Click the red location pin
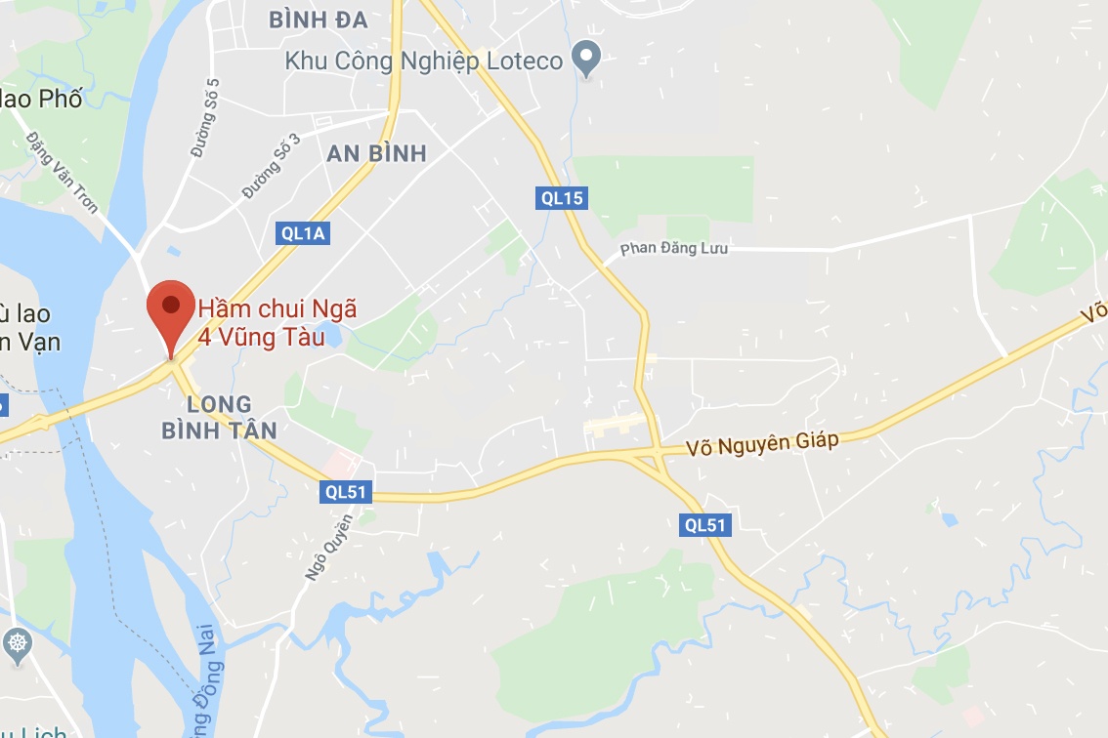[x=170, y=310]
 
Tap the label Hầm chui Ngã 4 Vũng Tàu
[x=277, y=323]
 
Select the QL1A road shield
[x=301, y=233]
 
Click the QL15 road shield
[x=562, y=199]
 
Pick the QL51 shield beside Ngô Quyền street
[x=347, y=492]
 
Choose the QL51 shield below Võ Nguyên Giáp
[x=705, y=525]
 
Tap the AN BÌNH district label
[x=377, y=153]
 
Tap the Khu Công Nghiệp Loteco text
[x=424, y=61]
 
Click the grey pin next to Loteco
[x=586, y=60]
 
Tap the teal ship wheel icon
[x=18, y=643]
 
